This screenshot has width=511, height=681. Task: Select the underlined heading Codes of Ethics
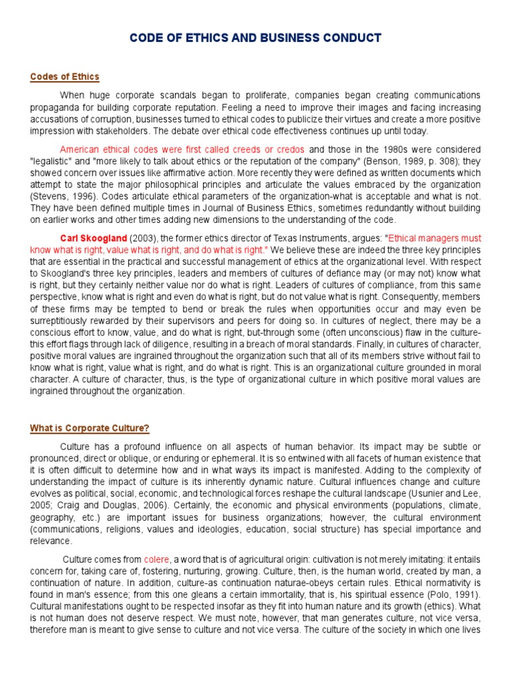coord(65,76)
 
